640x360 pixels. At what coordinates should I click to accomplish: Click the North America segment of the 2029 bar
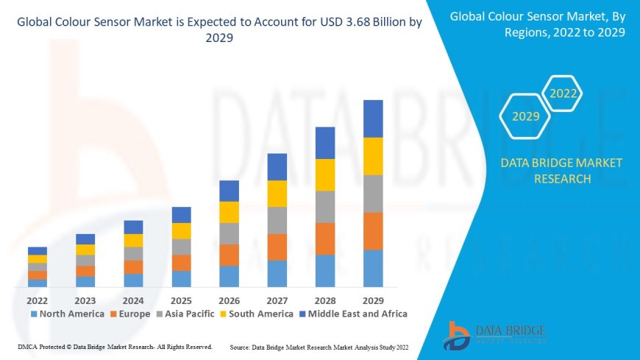click(373, 268)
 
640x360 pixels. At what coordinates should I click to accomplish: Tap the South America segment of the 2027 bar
click(277, 194)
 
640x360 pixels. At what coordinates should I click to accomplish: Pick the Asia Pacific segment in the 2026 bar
click(229, 233)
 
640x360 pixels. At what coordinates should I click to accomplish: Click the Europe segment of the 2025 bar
click(181, 263)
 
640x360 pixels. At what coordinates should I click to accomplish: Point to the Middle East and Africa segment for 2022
click(38, 251)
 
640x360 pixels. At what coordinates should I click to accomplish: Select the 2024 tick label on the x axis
click(133, 300)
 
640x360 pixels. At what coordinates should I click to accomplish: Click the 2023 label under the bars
click(85, 300)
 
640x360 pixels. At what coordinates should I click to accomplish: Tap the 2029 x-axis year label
click(373, 300)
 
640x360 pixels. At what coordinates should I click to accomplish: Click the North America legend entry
click(67, 314)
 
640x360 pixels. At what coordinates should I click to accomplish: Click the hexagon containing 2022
click(563, 93)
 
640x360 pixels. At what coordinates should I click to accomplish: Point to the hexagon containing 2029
click(526, 116)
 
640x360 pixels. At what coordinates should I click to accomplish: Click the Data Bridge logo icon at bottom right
click(458, 336)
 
